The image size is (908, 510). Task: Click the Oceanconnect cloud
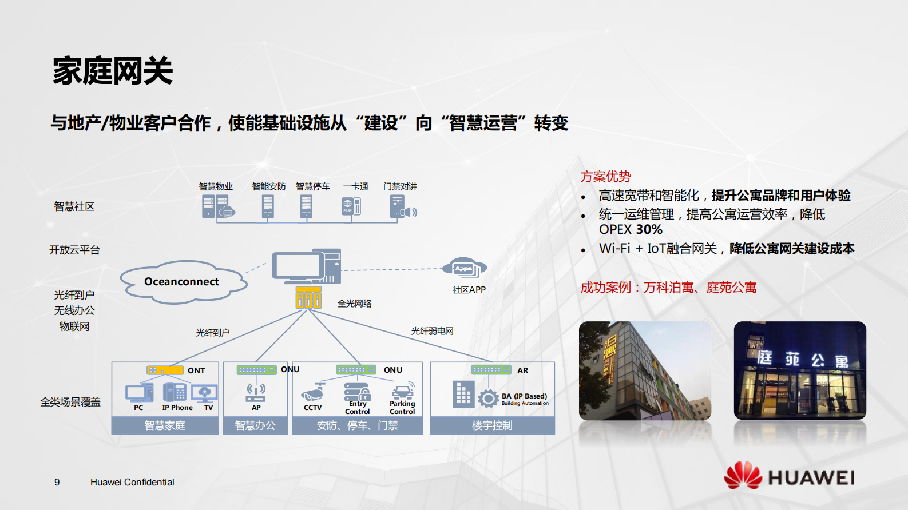click(x=182, y=281)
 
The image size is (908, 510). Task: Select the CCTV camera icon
click(x=313, y=393)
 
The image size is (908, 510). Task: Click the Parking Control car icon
click(x=403, y=391)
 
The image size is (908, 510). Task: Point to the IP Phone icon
click(x=175, y=392)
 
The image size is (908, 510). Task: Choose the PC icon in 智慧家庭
click(x=139, y=393)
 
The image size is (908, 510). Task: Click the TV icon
click(x=204, y=393)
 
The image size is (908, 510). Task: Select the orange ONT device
click(x=165, y=370)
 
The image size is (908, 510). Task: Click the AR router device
click(x=491, y=370)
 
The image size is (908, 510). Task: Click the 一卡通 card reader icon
click(x=351, y=206)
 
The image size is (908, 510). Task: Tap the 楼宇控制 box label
click(x=492, y=425)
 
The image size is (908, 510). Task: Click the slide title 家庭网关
click(x=113, y=71)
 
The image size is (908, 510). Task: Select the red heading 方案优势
click(x=605, y=177)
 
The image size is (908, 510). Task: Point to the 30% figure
click(x=649, y=230)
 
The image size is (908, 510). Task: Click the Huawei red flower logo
click(x=743, y=475)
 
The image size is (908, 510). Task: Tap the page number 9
click(x=57, y=482)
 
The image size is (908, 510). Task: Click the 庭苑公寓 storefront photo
click(x=799, y=370)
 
